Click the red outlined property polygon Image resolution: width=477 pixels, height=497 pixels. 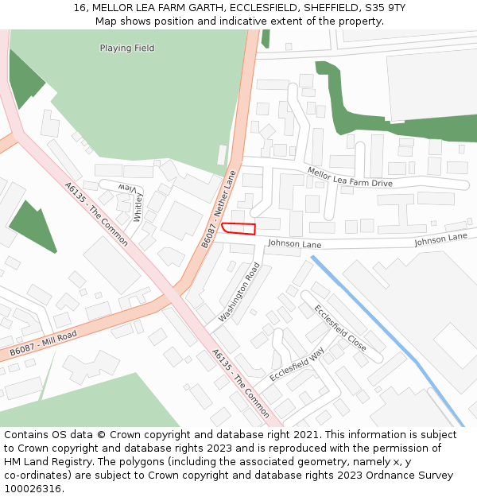point(238,229)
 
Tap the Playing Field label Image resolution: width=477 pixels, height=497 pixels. point(127,49)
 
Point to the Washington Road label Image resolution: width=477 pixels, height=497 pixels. point(239,292)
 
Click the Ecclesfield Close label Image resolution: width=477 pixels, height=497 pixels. point(339,328)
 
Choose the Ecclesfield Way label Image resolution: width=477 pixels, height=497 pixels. point(297,365)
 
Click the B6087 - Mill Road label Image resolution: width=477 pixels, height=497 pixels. point(45,343)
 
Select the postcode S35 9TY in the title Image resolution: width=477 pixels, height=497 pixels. point(385,7)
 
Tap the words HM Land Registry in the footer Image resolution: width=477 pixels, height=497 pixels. point(41,461)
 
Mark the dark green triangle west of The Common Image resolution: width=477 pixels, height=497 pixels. point(33,227)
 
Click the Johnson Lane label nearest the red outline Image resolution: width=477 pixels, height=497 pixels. point(294,244)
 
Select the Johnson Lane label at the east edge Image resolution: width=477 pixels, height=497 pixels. point(440,239)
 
